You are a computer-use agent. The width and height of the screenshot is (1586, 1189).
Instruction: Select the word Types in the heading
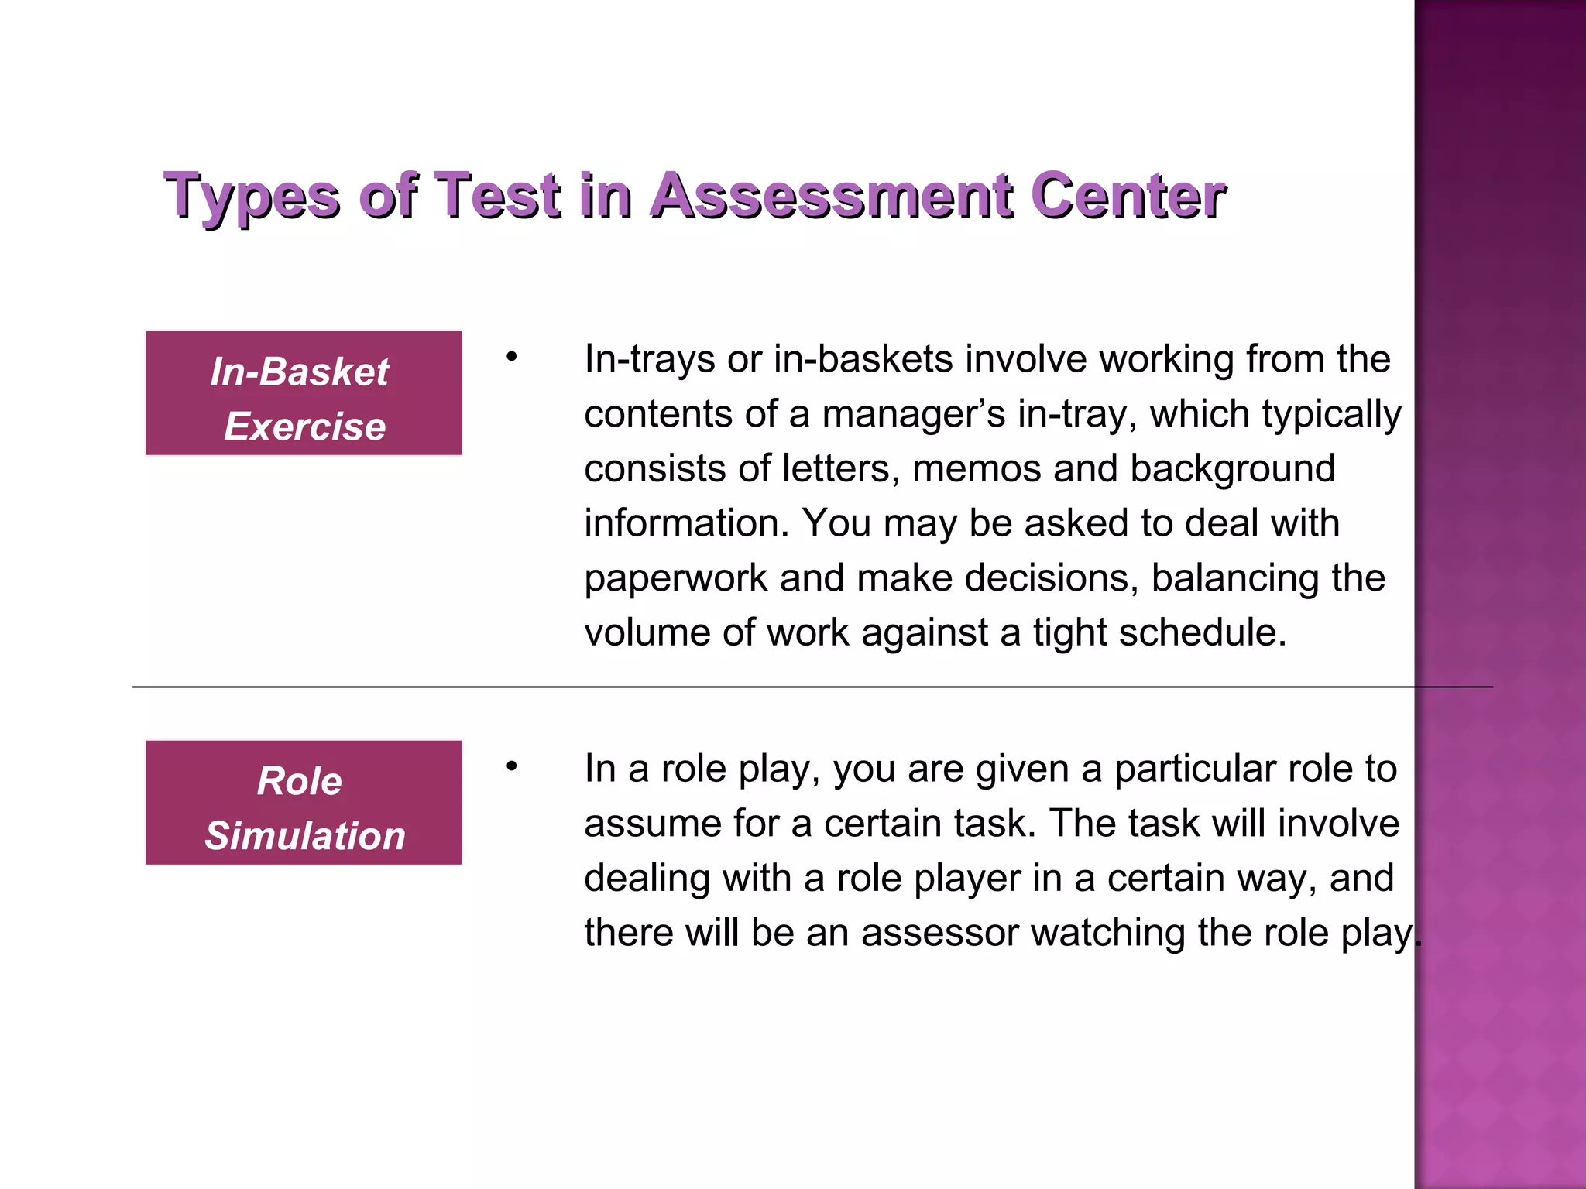point(252,197)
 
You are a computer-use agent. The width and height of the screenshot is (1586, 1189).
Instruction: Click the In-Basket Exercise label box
point(304,393)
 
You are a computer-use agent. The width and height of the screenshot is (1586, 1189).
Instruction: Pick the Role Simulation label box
point(304,803)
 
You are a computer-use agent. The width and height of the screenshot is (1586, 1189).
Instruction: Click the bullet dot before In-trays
point(511,358)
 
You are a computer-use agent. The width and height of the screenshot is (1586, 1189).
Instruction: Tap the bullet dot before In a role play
point(511,767)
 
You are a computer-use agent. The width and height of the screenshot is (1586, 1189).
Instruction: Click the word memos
point(977,469)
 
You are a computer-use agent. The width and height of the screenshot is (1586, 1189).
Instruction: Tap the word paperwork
point(675,579)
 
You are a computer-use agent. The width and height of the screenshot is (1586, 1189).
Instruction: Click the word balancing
point(1234,579)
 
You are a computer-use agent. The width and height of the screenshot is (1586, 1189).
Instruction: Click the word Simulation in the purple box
point(305,836)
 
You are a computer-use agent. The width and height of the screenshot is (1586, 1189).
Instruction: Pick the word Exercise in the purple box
point(305,427)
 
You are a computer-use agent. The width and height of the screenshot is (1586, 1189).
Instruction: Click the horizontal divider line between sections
point(774,687)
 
